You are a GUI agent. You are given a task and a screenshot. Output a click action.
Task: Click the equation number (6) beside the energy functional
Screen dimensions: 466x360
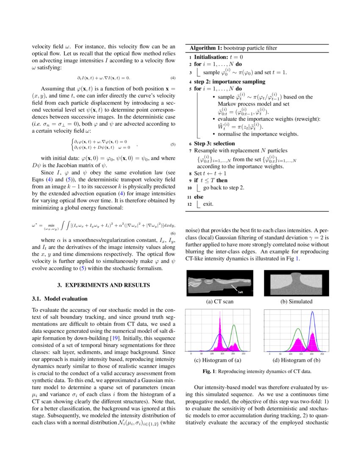coord(172,233)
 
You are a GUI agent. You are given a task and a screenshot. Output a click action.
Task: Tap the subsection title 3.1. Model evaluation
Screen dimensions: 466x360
coord(60,299)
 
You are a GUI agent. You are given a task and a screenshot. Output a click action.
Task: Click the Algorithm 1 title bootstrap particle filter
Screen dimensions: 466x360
coord(233,48)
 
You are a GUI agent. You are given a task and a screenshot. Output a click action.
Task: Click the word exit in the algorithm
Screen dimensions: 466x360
coord(208,204)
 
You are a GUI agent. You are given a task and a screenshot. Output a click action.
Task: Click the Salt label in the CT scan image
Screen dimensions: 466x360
coord(240,291)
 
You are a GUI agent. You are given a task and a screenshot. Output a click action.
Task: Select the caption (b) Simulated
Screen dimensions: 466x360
coord(296,302)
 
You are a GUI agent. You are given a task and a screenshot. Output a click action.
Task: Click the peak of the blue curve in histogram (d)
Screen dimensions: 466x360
coord(312,312)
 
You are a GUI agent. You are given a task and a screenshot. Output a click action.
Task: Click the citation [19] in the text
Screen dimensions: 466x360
coord(114,338)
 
